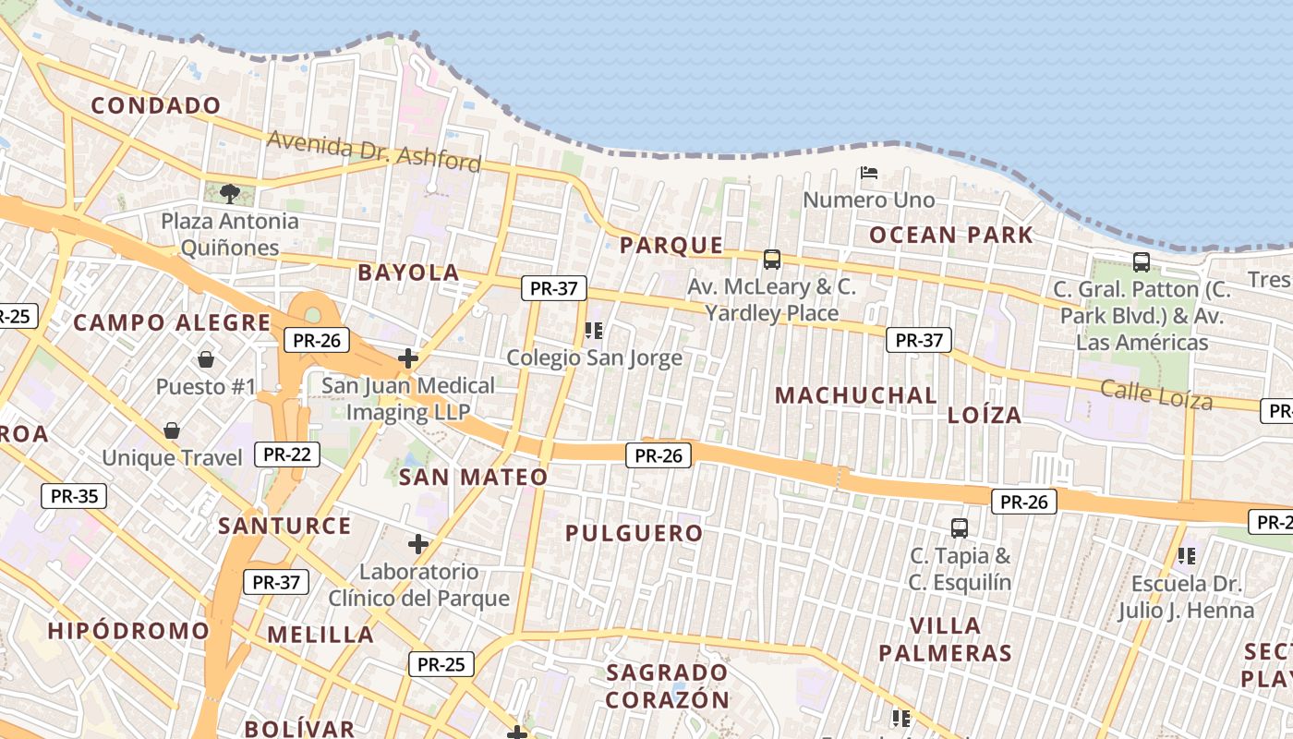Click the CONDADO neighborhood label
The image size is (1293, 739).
[156, 105]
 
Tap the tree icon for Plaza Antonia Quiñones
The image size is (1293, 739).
[230, 194]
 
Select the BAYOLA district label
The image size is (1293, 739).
[408, 273]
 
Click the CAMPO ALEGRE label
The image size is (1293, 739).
[172, 323]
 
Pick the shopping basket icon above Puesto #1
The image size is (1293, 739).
[206, 358]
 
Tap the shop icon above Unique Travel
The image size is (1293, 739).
[172, 430]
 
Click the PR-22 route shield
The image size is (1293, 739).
[286, 454]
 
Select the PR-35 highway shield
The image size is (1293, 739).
[74, 496]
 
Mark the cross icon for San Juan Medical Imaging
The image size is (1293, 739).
[407, 357]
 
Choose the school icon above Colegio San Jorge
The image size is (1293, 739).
[594, 330]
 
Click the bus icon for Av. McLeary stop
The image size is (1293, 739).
[772, 260]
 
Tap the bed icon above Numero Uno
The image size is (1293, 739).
[868, 172]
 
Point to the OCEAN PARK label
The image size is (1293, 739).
[951, 235]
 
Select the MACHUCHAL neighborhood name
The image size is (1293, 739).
[855, 395]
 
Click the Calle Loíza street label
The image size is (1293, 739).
[1156, 394]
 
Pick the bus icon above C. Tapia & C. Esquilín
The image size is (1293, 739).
[960, 528]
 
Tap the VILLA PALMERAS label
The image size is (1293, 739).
[945, 639]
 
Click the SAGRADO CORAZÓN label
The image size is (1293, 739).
[668, 685]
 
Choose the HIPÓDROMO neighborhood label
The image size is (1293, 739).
[128, 631]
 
